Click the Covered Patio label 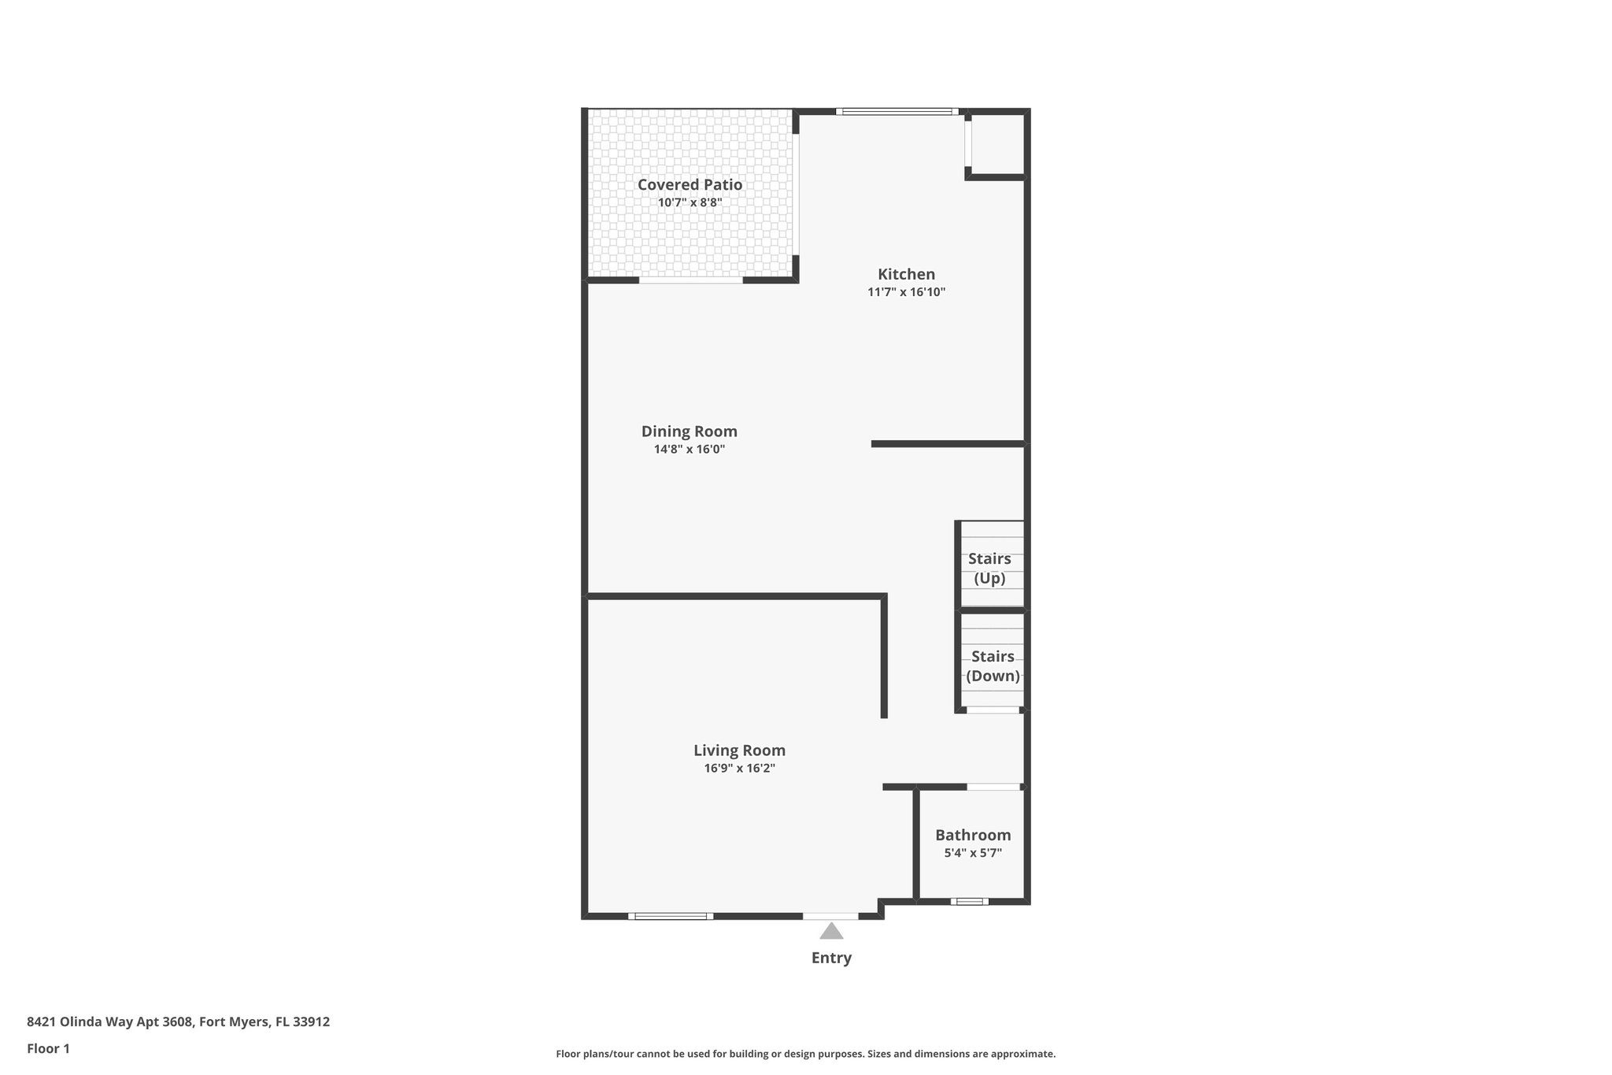(x=690, y=184)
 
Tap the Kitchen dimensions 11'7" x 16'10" (x=906, y=292)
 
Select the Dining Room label (x=689, y=432)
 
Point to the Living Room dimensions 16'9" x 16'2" (x=739, y=769)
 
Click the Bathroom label (x=973, y=835)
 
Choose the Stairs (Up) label (x=989, y=568)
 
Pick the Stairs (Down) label (x=993, y=666)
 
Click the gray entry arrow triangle (x=831, y=932)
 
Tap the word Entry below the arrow (x=831, y=958)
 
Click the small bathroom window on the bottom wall (x=969, y=901)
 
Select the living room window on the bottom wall (x=671, y=916)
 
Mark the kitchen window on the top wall (x=897, y=112)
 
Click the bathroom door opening (x=993, y=787)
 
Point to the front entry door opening (x=830, y=916)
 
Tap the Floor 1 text (x=48, y=1049)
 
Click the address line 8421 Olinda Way (x=178, y=1022)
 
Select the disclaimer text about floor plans (x=805, y=1054)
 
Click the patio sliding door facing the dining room (x=690, y=280)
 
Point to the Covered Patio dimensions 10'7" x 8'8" (x=690, y=202)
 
